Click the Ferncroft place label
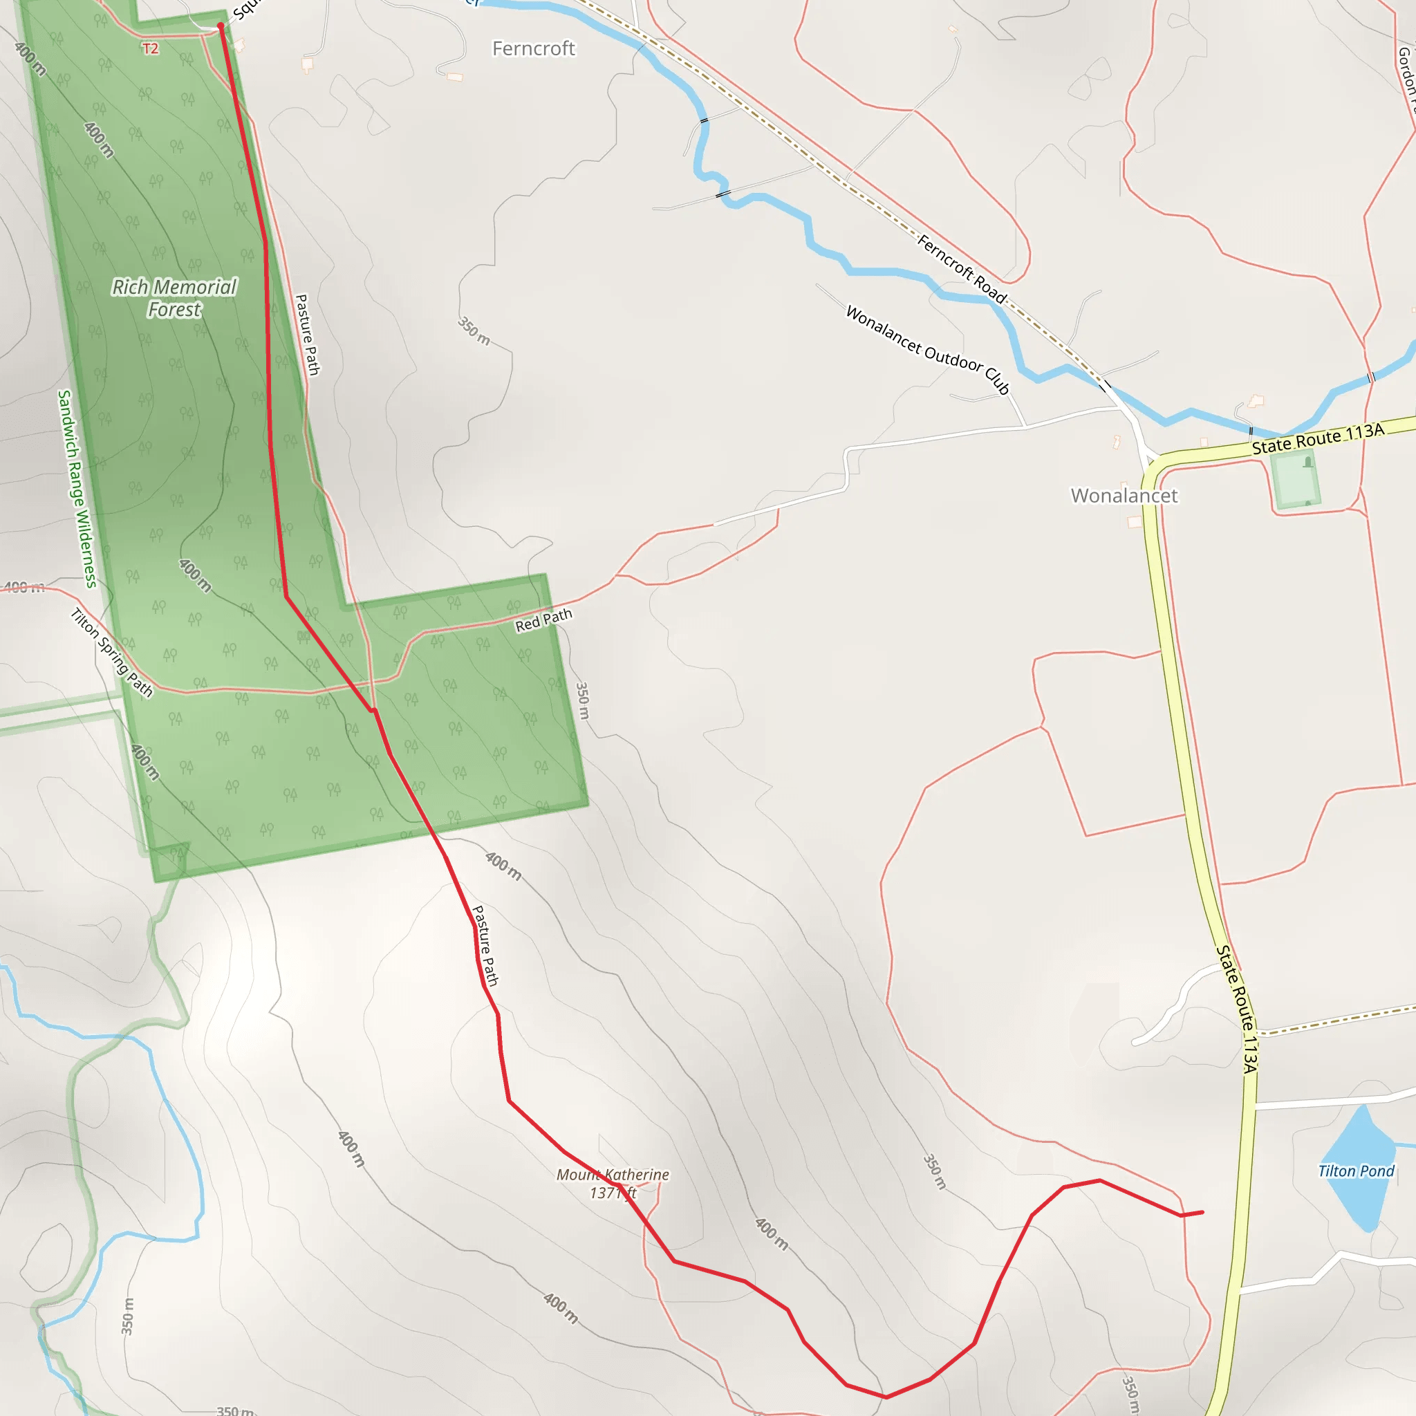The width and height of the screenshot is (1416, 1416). (534, 49)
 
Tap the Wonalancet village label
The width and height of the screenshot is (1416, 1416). (1124, 496)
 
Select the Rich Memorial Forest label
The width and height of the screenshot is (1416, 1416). (174, 298)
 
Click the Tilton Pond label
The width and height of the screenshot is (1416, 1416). (1356, 1171)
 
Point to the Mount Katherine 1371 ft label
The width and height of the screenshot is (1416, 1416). (613, 1183)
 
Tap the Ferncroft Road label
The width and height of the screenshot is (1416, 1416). (962, 269)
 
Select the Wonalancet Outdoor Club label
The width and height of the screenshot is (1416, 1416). (928, 350)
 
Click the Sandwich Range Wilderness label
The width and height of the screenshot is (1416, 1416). (77, 489)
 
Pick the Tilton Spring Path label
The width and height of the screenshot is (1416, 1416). (111, 652)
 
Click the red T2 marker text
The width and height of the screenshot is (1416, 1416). (150, 49)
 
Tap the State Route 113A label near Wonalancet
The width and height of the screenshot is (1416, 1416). (1318, 438)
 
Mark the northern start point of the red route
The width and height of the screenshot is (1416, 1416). (221, 26)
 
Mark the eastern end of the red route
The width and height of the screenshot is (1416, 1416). (1202, 1212)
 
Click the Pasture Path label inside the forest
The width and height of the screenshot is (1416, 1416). (307, 335)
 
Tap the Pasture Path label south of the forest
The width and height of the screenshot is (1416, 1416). (485, 945)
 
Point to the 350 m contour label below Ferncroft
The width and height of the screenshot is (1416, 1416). (474, 330)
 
